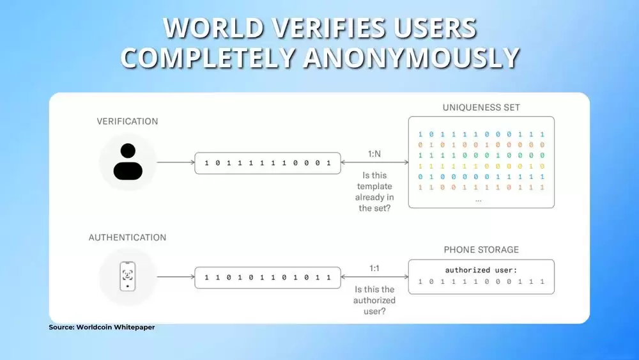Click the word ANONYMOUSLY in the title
point(411,58)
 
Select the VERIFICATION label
point(127,121)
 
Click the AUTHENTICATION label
point(127,237)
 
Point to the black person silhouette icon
point(128,161)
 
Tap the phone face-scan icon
point(128,276)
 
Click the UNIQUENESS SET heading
point(481,107)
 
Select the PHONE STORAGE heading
point(481,249)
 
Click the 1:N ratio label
point(374,153)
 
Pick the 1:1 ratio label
point(374,269)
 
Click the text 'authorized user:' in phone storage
point(481,270)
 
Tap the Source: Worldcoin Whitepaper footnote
point(102,327)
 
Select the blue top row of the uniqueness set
point(481,134)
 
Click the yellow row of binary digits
point(481,166)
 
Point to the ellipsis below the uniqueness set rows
point(478,200)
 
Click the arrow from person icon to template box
point(176,162)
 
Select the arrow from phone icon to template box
point(176,277)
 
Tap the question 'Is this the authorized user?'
point(374,300)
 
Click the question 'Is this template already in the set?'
point(374,192)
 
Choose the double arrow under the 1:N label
point(374,162)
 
